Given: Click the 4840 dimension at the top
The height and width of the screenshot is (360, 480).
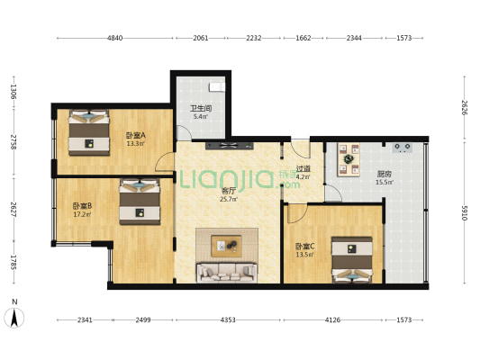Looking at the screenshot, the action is tap(114, 38).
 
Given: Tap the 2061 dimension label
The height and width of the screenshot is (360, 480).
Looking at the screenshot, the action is tap(201, 38).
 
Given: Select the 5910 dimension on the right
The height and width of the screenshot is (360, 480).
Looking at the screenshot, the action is tap(465, 213).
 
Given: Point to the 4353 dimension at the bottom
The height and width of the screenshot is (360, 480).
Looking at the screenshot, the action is tap(228, 319).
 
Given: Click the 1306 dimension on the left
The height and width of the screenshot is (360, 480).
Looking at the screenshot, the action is tap(14, 92).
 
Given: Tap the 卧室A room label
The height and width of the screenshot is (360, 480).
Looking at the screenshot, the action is tap(136, 135).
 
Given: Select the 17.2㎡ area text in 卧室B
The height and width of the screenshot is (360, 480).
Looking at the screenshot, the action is tap(82, 214).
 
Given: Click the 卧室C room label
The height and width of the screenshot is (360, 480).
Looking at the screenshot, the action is tap(305, 247).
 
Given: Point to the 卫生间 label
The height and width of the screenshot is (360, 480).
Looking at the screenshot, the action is tap(201, 108).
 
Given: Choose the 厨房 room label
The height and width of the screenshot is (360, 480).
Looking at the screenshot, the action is tap(385, 174).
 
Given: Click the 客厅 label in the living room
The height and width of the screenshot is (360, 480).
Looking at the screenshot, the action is tap(229, 191).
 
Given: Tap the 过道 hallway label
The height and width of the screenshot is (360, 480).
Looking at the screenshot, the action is tap(303, 168).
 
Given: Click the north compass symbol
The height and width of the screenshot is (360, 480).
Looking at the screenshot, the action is tap(14, 318).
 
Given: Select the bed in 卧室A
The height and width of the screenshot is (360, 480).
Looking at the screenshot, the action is tap(89, 132).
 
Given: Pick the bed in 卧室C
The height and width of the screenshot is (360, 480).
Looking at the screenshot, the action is tap(352, 260).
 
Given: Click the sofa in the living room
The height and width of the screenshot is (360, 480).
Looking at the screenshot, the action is tap(227, 273).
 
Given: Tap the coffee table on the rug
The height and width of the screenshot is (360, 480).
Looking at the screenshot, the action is tap(227, 246).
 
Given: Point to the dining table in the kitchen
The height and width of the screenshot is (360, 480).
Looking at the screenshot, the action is tap(349, 159).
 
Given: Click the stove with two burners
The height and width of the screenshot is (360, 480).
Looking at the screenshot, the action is tap(403, 148).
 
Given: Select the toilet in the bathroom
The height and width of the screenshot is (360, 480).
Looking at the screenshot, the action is tap(217, 86).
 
